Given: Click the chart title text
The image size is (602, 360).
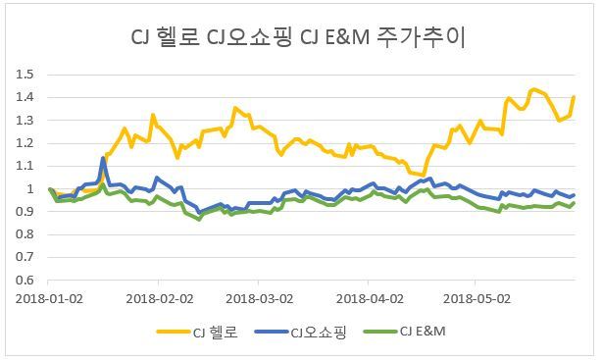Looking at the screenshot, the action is pos(298,37).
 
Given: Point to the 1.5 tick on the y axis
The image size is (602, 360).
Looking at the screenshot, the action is pos(25,75).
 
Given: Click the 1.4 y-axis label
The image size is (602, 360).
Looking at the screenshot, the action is pos(25,97).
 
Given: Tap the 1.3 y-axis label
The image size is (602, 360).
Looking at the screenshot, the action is pos(25,121).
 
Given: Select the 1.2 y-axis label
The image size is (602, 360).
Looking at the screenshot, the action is pos(25,143).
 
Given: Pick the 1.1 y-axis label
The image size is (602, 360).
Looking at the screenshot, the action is pos(25,166).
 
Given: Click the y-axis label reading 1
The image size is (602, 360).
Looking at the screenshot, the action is pos(30,188).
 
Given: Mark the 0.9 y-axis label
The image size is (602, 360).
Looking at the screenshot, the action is pos(25,211).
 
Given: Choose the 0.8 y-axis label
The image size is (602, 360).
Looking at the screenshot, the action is pos(25,234).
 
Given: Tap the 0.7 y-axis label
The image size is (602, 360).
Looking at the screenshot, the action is pos(25,257).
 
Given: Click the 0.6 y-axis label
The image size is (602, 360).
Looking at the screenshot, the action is pos(25,280).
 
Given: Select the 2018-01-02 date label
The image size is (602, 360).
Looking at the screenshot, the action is pos(49,298).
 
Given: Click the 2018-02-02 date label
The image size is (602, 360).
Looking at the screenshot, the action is pos(160,298).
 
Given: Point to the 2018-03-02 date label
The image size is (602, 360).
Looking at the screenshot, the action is pos(260,298).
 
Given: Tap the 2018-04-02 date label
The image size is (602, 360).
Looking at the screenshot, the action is pos(370,298).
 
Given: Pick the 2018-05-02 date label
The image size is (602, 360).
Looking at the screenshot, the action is pos(477,298).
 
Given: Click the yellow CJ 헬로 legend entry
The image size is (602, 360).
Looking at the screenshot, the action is pos(197,332).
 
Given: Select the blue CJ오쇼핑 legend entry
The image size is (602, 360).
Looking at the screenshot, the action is pos(300,332).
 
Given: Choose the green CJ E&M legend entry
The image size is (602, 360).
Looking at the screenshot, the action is pos(404,332).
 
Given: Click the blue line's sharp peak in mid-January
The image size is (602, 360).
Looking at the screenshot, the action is pos(103,158).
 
